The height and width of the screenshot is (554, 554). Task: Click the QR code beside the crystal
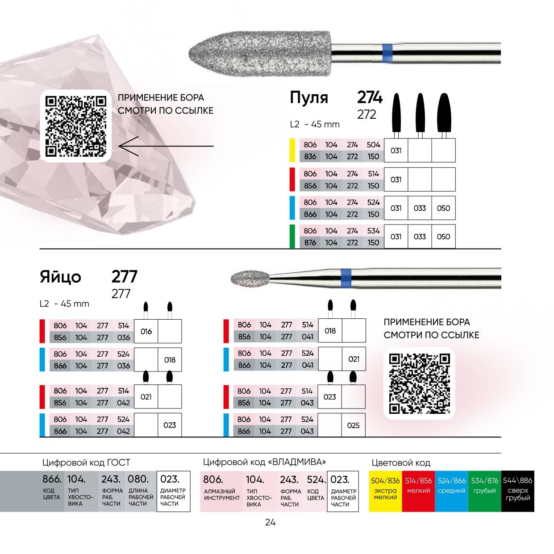[x=76, y=125]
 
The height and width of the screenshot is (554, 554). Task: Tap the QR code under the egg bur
[x=419, y=383]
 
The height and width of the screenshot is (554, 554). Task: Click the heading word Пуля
[x=309, y=98]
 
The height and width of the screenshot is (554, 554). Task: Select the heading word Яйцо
[x=60, y=277]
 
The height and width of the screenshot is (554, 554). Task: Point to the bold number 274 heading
[x=370, y=97]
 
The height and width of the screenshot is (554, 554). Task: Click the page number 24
[x=270, y=522]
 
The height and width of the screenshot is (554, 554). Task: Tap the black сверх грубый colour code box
[x=517, y=490]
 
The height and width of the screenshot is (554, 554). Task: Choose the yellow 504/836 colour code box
[x=385, y=490]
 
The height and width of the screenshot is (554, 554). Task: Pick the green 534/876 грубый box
[x=484, y=490]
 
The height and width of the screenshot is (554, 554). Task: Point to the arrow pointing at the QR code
[x=166, y=146]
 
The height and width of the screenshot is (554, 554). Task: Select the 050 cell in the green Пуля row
[x=443, y=237]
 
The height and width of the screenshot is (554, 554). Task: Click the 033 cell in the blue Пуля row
[x=420, y=208]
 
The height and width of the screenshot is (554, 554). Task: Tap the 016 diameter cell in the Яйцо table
[x=146, y=331]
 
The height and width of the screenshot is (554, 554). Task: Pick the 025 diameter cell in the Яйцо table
[x=353, y=425]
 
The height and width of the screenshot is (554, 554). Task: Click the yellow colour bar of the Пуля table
[x=292, y=150]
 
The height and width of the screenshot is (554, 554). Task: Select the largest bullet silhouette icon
[x=443, y=112]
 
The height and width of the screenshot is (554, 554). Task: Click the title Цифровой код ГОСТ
[x=86, y=462]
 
